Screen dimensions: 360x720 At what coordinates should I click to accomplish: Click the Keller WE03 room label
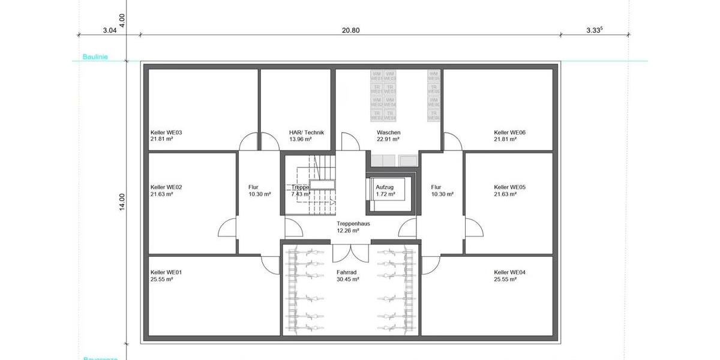coord(166,133)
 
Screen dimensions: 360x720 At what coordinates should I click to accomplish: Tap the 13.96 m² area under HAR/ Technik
coord(300,139)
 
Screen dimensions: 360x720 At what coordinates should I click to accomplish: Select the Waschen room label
coord(388,133)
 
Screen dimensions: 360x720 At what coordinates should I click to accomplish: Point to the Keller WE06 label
coord(509,133)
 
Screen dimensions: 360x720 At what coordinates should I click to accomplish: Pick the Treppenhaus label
coord(353,223)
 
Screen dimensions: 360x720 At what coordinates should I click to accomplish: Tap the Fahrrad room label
coord(347,272)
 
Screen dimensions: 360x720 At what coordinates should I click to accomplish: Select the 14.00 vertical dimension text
coord(122,202)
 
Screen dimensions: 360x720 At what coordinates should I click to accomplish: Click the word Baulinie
coord(85,59)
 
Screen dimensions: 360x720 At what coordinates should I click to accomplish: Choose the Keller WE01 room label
coord(166,272)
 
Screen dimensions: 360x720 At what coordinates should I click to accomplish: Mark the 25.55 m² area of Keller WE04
coord(505,279)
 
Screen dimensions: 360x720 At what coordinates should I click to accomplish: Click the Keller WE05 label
coord(509,187)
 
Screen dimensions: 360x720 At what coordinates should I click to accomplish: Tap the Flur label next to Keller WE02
coord(253,187)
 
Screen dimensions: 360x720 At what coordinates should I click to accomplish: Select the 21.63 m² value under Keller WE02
coord(162,194)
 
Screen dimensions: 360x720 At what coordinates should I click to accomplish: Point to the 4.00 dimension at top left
coord(122,19)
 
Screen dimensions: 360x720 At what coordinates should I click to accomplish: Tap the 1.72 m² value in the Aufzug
coord(385,194)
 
